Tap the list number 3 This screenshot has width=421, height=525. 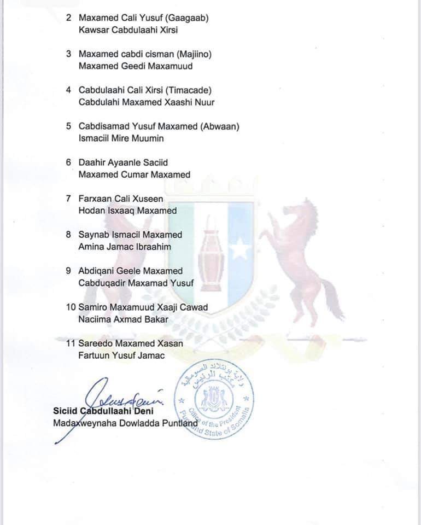[68, 54]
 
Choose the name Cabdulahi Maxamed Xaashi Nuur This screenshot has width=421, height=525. [147, 102]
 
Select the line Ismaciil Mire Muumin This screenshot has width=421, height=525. [121, 138]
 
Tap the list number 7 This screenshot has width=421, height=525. [68, 199]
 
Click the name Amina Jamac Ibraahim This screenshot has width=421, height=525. [125, 247]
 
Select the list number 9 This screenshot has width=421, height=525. [68, 271]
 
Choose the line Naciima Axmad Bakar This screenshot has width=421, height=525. [123, 319]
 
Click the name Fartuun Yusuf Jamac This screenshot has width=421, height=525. [122, 355]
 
